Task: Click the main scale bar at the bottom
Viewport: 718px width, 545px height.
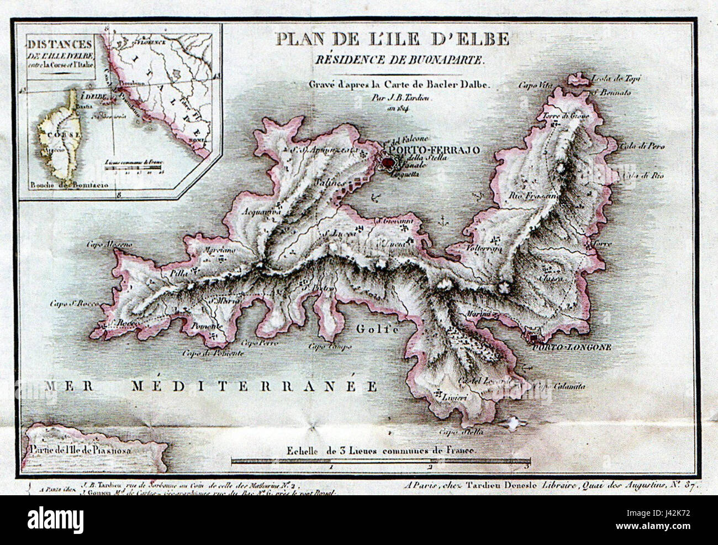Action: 381,460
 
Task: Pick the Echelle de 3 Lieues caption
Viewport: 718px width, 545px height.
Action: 381,450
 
